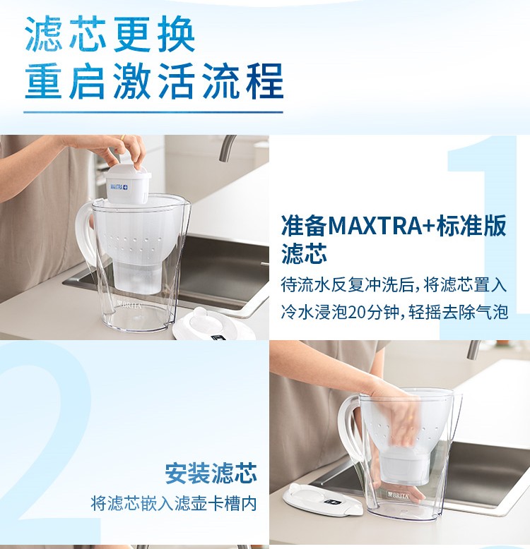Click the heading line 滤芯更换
(110, 35)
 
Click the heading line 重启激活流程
(154, 81)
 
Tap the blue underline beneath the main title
(153, 112)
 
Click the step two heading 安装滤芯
(211, 473)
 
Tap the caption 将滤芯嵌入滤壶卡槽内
(174, 503)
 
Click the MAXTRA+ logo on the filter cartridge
(119, 186)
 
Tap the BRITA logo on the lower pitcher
(398, 495)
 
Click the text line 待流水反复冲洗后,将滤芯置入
(394, 284)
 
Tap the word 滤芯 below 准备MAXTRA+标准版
(305, 254)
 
